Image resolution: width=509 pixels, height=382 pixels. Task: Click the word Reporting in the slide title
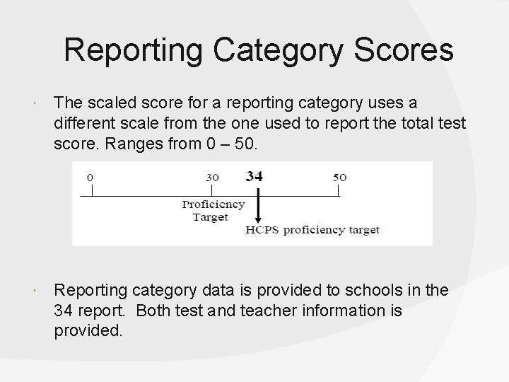tap(133, 51)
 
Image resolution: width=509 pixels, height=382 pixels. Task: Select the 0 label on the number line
tap(90, 177)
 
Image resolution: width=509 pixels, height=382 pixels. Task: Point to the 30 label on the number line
tap(212, 177)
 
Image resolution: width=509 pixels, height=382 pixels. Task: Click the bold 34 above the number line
tap(255, 176)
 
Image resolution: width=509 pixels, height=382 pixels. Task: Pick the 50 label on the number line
tap(340, 177)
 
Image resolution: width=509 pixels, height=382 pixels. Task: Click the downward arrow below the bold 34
tap(258, 209)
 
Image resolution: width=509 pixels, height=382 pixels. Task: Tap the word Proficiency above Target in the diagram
tap(213, 204)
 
